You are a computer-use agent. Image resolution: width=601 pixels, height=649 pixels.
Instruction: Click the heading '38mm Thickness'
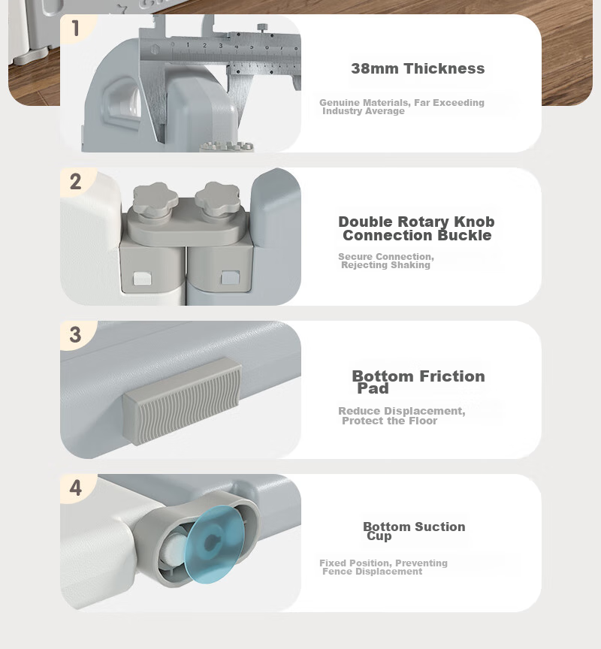pos(418,68)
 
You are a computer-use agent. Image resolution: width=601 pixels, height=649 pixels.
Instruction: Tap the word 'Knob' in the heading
pos(474,222)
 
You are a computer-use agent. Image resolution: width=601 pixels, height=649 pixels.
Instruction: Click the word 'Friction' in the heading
pos(452,376)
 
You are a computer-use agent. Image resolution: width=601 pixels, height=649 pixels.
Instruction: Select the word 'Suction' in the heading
pos(440,527)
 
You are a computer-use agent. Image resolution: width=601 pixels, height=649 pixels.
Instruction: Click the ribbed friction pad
pos(182,401)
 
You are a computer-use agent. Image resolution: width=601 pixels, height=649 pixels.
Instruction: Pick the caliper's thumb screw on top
pos(262,28)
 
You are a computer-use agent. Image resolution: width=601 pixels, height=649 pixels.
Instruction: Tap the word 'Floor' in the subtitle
pos(423,421)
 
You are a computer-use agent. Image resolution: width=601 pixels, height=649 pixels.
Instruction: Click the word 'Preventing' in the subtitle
pos(421,563)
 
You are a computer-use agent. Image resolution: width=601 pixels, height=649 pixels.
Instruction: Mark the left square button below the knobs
pos(143,278)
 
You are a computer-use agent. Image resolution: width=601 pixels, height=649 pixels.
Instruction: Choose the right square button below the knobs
pos(230,277)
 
